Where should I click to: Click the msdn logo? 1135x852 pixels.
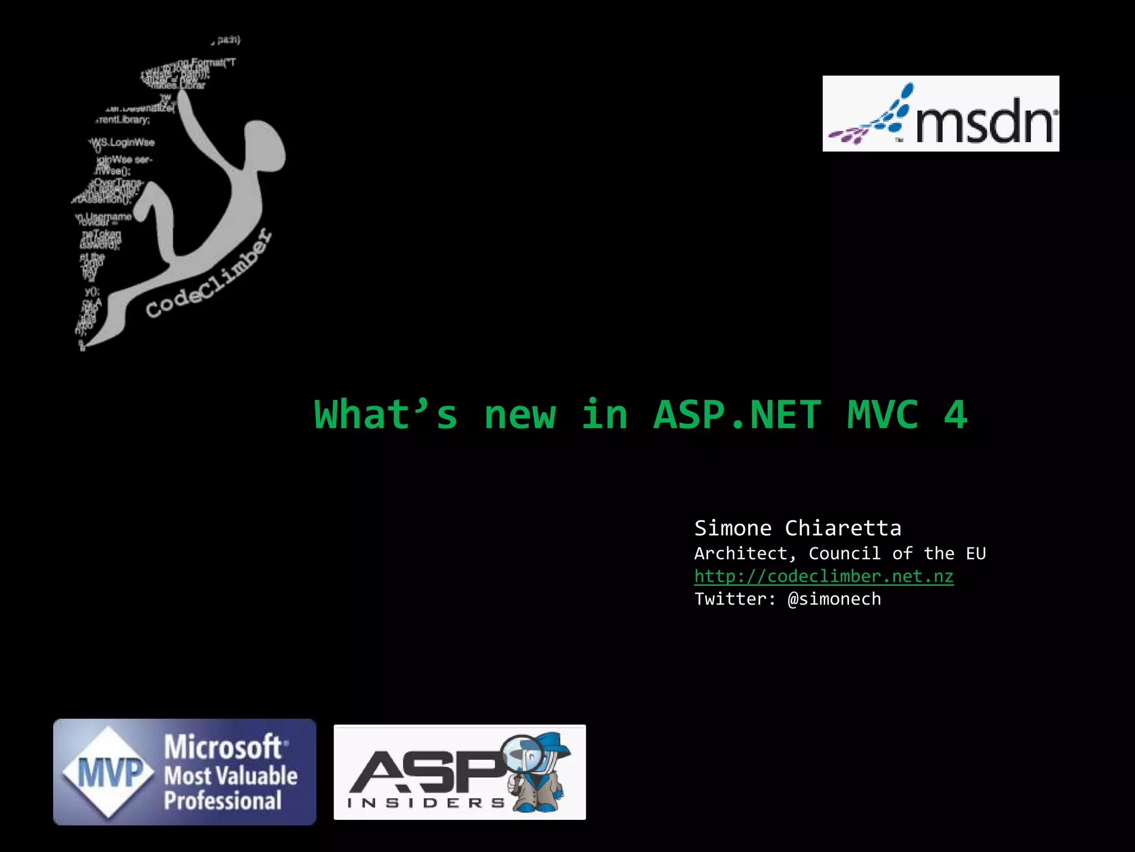[940, 114]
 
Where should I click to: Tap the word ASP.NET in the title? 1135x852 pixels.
[737, 415]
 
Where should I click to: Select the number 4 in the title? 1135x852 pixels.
[955, 415]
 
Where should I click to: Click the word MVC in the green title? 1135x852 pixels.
[882, 415]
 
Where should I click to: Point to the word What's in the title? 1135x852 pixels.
[386, 415]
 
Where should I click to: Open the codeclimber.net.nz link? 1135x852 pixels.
[824, 576]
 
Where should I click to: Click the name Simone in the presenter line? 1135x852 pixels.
[733, 528]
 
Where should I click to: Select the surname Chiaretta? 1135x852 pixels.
[843, 528]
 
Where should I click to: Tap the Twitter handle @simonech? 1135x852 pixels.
[834, 599]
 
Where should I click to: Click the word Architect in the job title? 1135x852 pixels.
[741, 554]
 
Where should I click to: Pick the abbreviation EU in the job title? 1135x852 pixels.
[975, 554]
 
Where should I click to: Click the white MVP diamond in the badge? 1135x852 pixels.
[109, 772]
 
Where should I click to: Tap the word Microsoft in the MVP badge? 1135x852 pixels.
[223, 747]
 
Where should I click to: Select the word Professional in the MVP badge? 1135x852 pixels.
[223, 800]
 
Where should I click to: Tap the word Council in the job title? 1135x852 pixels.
[844, 554]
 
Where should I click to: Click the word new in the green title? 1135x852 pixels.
[520, 415]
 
